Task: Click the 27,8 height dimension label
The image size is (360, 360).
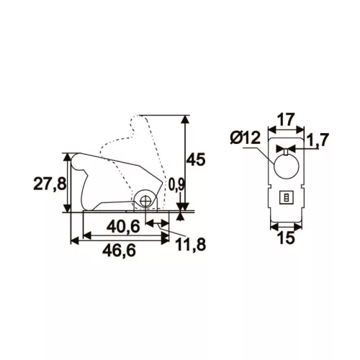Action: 50,184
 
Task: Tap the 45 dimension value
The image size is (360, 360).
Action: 196,159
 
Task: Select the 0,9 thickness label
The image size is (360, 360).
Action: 176,184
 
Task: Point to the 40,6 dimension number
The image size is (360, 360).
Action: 123,227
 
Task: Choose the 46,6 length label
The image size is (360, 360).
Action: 120,251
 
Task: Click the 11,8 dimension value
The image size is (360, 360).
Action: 190,244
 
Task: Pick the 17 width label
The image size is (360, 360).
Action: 286,120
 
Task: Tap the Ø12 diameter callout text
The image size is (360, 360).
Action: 246,138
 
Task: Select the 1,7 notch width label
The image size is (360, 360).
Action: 317,140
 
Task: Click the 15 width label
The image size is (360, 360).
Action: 286,238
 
